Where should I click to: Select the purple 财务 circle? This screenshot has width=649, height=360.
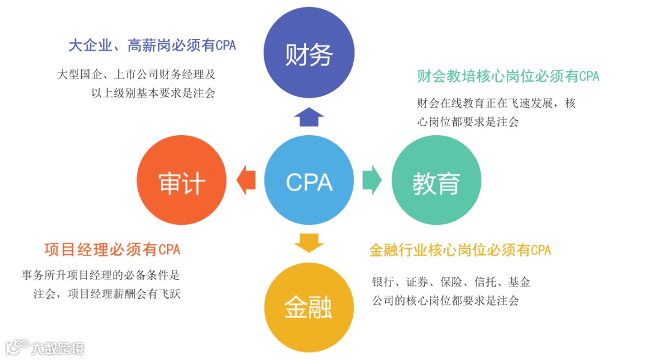pyautogui.click(x=309, y=55)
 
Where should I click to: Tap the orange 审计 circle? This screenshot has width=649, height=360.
pyautogui.click(x=182, y=182)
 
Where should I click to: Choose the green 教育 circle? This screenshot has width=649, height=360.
pyautogui.click(x=436, y=182)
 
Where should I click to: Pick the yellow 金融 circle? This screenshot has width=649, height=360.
pyautogui.click(x=309, y=308)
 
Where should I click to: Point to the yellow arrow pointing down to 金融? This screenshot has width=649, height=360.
pyautogui.click(x=309, y=243)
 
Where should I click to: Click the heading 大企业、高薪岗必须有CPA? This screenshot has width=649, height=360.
pyautogui.click(x=152, y=46)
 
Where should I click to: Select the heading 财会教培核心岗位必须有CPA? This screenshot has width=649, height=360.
pyautogui.click(x=508, y=76)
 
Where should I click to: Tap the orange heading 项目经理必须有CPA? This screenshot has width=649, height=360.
pyautogui.click(x=112, y=249)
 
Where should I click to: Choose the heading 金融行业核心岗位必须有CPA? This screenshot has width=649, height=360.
pyautogui.click(x=460, y=250)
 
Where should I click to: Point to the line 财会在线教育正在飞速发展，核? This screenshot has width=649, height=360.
pyautogui.click(x=496, y=103)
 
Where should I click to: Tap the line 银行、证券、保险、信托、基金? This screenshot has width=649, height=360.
pyautogui.click(x=451, y=282)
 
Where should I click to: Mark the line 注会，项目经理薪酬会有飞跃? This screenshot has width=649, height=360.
pyautogui.click(x=107, y=294)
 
